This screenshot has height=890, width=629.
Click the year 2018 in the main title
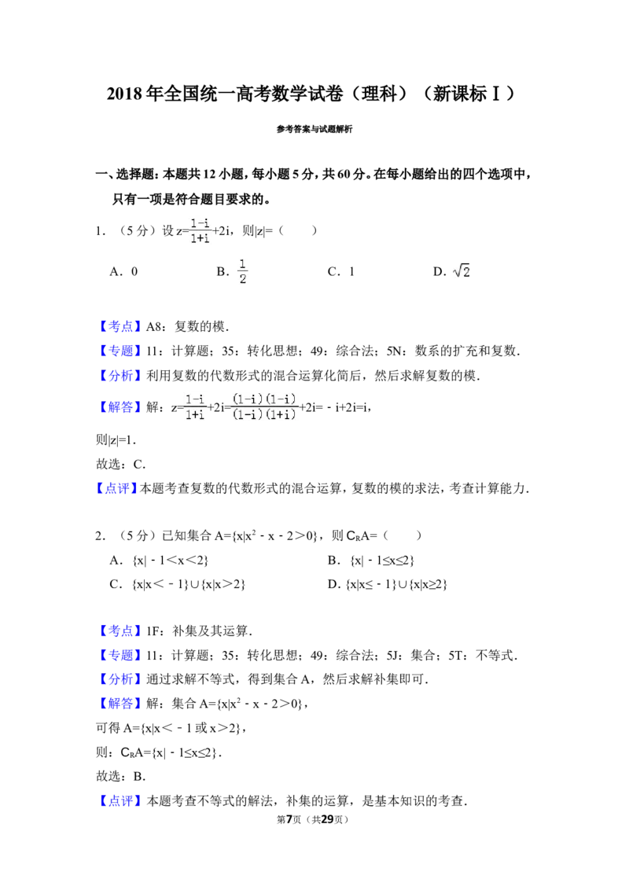coord(123,94)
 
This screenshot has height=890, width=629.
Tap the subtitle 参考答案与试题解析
coord(314,130)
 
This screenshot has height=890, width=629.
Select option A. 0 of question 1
coord(123,272)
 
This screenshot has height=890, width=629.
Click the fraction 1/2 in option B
coord(242,271)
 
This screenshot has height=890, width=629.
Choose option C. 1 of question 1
coord(341,272)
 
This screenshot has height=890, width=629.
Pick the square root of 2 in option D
coord(461,270)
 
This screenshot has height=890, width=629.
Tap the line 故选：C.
coord(121,465)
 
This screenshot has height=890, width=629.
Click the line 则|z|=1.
coord(116,440)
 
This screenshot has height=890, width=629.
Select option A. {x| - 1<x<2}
coord(159,561)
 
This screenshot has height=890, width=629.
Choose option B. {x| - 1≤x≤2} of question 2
coord(371,561)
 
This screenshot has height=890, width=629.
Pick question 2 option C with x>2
coord(177,584)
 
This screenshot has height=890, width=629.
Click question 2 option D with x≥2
coord(387,584)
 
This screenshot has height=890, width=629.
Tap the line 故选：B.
coord(121,777)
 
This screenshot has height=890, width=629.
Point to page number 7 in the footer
coord(289,819)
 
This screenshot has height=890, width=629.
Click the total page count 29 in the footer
coord(327,819)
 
